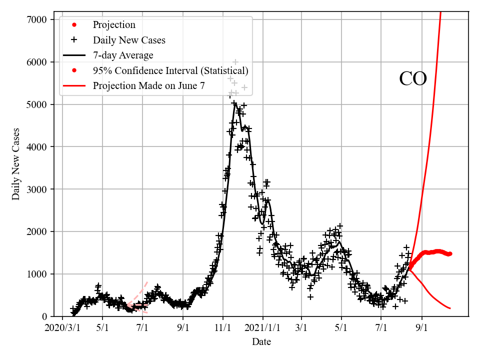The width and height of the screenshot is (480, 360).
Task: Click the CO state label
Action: click(413, 79)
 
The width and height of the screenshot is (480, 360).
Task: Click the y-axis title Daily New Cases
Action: click(16, 163)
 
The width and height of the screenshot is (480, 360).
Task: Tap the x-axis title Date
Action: click(261, 342)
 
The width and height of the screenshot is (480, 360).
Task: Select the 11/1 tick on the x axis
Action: click(223, 329)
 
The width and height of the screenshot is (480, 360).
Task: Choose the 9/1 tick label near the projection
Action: click(422, 329)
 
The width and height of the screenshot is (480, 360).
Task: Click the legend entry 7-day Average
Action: click(123, 55)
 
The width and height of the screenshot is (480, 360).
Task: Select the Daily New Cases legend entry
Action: click(129, 40)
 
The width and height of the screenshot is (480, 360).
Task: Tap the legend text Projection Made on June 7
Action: click(148, 85)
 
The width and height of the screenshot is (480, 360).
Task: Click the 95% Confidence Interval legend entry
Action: click(170, 70)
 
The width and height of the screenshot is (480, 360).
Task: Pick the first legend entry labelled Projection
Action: click(114, 25)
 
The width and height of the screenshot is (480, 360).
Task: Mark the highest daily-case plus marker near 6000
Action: click(235, 62)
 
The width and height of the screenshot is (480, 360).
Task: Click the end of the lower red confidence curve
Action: click(450, 308)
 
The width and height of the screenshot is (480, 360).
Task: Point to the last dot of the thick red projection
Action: click(450, 253)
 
